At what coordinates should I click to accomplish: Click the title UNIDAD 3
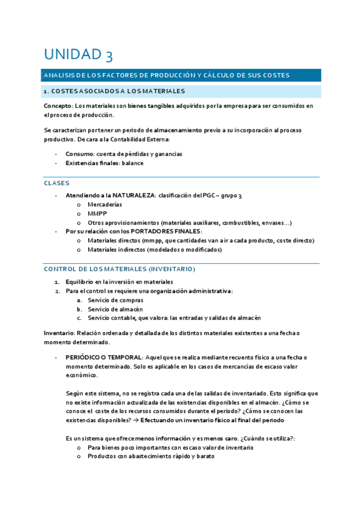click(77, 55)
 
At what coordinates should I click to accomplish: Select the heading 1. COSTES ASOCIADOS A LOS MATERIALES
click(114, 91)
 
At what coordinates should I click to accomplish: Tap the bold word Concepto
click(58, 106)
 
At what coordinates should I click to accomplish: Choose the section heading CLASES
click(57, 183)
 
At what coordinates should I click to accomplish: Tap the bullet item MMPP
click(97, 214)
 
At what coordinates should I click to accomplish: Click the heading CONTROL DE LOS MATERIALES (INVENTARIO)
click(120, 269)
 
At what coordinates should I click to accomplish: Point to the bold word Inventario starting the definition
click(59, 333)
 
